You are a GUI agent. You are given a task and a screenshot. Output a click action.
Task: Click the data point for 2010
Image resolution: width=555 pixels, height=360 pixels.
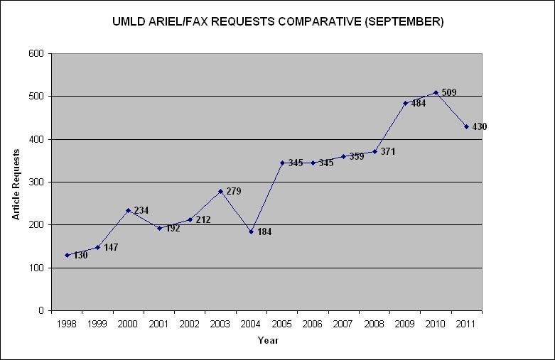pyautogui.click(x=436, y=92)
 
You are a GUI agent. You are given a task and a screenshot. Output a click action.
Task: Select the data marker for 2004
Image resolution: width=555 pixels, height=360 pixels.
pyautogui.click(x=251, y=231)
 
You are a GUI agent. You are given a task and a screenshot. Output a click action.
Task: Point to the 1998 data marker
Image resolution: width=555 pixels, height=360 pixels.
pyautogui.click(x=67, y=255)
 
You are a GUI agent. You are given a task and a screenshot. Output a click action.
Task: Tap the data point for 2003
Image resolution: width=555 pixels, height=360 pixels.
pyautogui.click(x=220, y=191)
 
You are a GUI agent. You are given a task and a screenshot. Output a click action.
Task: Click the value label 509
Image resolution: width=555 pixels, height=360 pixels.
pyautogui.click(x=449, y=92)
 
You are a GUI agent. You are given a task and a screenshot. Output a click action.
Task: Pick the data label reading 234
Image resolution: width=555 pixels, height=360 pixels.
pyautogui.click(x=141, y=210)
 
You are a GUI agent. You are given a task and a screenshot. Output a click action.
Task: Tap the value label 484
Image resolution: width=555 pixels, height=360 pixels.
pyautogui.click(x=419, y=103)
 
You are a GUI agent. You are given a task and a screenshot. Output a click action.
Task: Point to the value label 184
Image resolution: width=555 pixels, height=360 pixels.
pyautogui.click(x=265, y=231)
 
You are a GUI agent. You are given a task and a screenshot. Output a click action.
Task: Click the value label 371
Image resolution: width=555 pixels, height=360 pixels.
pyautogui.click(x=388, y=151)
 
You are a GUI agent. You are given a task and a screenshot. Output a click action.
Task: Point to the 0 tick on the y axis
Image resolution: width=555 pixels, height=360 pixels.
pyautogui.click(x=41, y=310)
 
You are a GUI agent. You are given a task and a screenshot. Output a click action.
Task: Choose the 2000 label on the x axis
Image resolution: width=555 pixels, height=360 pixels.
pyautogui.click(x=128, y=324)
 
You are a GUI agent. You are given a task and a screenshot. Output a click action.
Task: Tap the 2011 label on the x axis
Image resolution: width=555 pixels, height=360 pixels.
pyautogui.click(x=467, y=324)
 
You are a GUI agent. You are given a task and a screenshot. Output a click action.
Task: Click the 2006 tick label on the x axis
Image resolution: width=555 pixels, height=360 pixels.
pyautogui.click(x=313, y=324)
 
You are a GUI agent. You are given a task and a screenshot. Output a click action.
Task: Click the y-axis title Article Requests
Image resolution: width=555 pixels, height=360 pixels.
pyautogui.click(x=16, y=182)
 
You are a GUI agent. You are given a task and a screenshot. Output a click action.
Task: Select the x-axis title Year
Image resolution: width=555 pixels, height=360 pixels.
pyautogui.click(x=268, y=341)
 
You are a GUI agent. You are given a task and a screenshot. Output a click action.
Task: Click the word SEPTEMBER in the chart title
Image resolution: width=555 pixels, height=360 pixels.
pyautogui.click(x=405, y=21)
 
